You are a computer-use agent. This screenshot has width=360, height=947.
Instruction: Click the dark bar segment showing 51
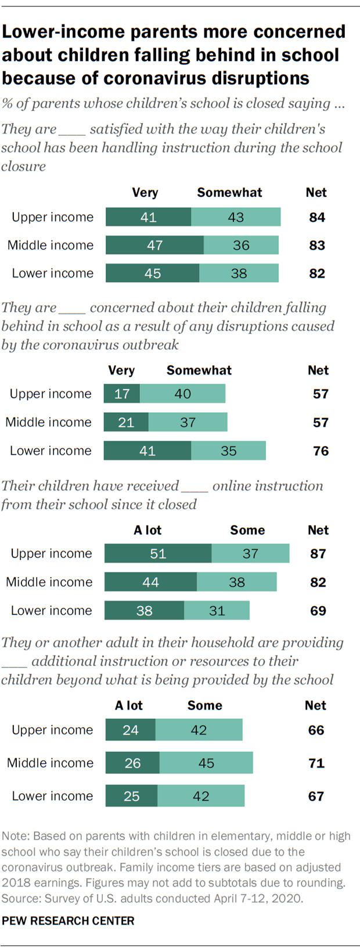(158, 553)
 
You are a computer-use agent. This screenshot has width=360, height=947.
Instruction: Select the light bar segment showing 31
(217, 610)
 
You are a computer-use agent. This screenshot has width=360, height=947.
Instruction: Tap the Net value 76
(321, 451)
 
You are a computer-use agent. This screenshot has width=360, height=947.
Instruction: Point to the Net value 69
(318, 611)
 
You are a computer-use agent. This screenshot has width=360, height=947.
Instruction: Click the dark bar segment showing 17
(122, 394)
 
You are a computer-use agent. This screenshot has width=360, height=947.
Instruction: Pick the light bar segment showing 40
(182, 394)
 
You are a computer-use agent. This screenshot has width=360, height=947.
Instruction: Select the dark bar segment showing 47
(154, 245)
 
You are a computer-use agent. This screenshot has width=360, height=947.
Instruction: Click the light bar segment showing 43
(236, 217)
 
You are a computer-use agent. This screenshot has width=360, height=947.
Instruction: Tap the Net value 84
(317, 217)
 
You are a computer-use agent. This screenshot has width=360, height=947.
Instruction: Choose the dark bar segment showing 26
(132, 763)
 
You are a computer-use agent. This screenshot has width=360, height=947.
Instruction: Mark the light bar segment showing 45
(206, 763)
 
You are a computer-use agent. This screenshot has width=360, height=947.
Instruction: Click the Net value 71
(316, 763)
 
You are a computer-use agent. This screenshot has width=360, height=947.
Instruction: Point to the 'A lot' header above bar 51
(147, 530)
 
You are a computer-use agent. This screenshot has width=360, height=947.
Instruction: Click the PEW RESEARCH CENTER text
(68, 921)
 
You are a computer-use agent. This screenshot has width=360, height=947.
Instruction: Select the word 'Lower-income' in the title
(63, 31)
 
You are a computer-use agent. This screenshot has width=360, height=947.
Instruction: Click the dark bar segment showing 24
(131, 730)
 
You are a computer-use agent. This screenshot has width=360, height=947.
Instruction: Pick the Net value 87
(318, 554)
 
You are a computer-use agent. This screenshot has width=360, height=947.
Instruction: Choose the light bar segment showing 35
(228, 451)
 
